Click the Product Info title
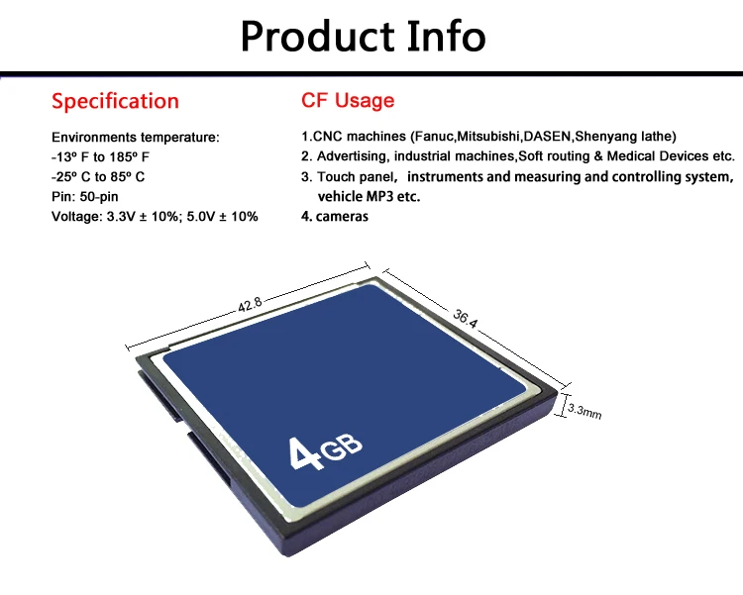pyautogui.click(x=363, y=36)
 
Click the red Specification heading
pyautogui.click(x=115, y=101)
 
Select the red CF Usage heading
pyautogui.click(x=347, y=100)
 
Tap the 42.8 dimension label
pyautogui.click(x=250, y=305)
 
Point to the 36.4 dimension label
pyautogui.click(x=466, y=319)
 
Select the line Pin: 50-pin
pyautogui.click(x=85, y=196)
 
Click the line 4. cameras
pyautogui.click(x=335, y=216)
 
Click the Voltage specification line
pyautogui.click(x=154, y=216)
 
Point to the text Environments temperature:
pyautogui.click(x=134, y=137)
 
